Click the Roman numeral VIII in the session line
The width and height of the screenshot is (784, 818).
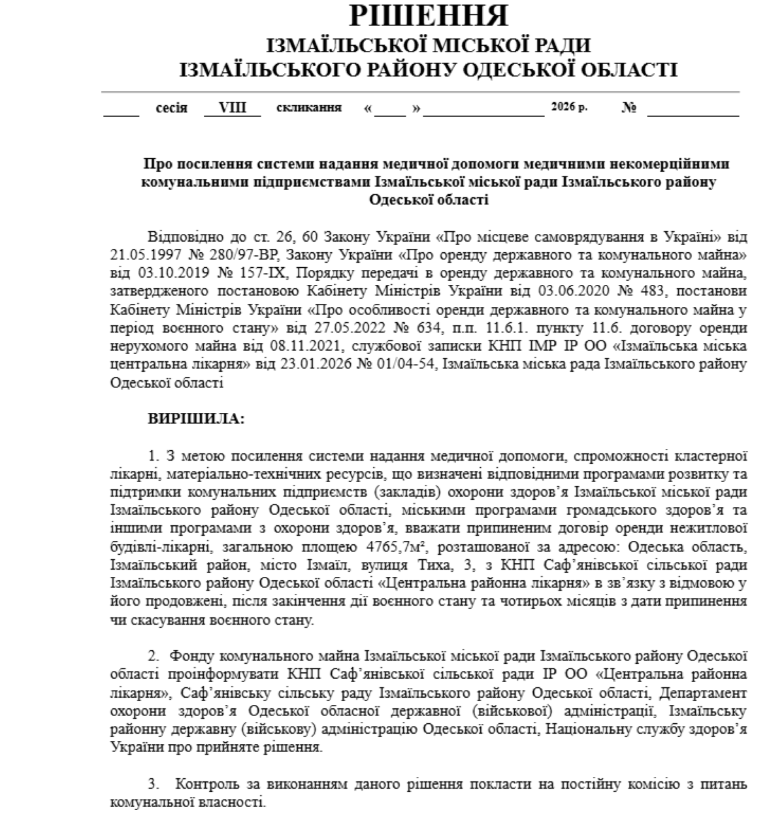tap(232, 108)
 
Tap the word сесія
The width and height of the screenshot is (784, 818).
tap(171, 108)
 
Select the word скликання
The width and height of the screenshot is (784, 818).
tap(309, 108)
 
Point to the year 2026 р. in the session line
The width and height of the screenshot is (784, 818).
tap(569, 107)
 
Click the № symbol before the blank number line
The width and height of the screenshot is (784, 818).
tap(629, 108)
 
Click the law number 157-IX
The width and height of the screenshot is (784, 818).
tap(261, 271)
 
